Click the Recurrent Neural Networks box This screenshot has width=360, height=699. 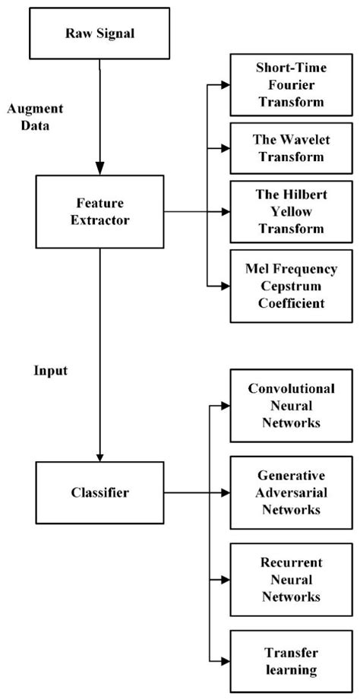[x=292, y=579]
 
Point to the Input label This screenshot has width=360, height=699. [x=50, y=372]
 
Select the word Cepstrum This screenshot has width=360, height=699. [x=292, y=286]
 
